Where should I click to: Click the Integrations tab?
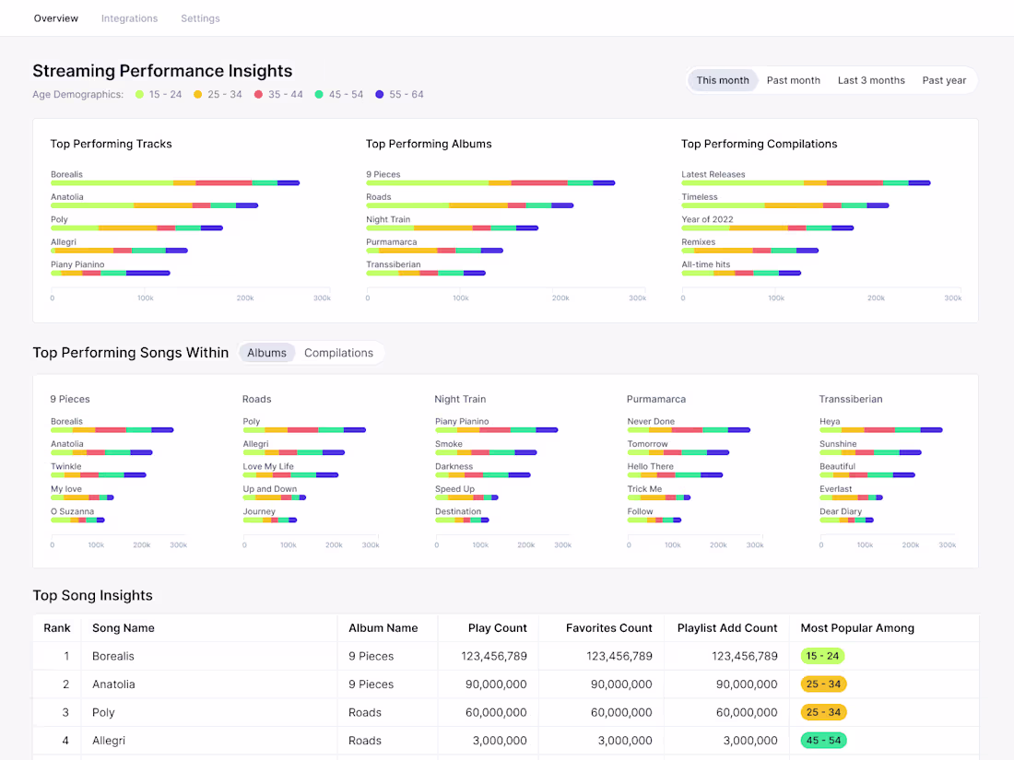click(x=129, y=18)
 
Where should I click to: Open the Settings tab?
click(x=200, y=18)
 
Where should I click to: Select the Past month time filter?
click(x=794, y=80)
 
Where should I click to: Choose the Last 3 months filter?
click(x=871, y=80)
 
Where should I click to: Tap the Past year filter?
click(x=944, y=80)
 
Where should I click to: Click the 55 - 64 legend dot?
click(x=380, y=94)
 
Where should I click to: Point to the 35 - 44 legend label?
click(x=285, y=94)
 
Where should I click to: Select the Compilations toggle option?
click(x=339, y=353)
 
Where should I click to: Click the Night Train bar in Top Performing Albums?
click(x=452, y=228)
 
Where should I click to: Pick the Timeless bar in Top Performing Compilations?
click(x=785, y=205)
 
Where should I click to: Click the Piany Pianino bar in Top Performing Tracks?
click(x=111, y=274)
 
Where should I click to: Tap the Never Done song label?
click(x=651, y=421)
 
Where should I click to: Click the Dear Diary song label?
click(x=841, y=511)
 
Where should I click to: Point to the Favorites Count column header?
click(x=609, y=628)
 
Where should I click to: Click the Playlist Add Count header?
click(x=727, y=628)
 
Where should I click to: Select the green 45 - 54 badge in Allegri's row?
click(x=824, y=741)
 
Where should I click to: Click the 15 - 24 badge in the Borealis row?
click(x=822, y=656)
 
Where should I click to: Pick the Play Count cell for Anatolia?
click(x=496, y=684)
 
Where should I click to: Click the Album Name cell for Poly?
click(x=365, y=712)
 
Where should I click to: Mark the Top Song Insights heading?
click(x=92, y=595)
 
